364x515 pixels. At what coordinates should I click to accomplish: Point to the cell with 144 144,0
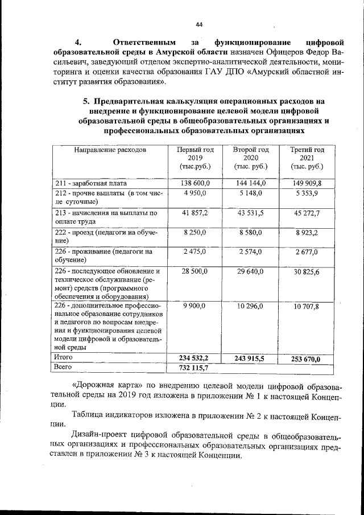pos(251,183)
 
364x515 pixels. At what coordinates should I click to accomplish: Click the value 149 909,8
pos(307,183)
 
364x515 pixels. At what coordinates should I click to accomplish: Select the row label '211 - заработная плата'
pos(90,184)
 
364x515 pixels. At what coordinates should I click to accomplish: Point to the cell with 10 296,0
pos(251,306)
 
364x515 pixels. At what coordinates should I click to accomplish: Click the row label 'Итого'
pos(63,357)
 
